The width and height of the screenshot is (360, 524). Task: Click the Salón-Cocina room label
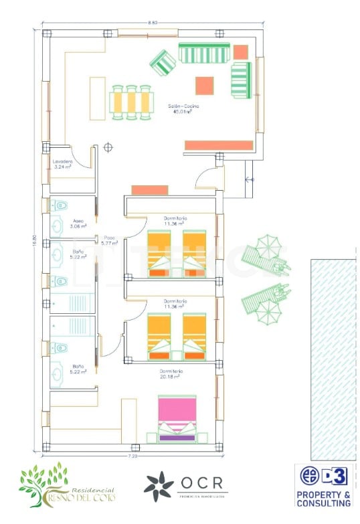tap(184, 106)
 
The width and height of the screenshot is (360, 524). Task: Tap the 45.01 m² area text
tap(183, 112)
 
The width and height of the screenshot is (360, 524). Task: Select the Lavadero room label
tap(62, 161)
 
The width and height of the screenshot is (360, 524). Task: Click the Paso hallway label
tap(109, 238)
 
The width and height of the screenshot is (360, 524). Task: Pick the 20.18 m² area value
tap(172, 377)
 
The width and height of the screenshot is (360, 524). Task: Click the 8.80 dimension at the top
tap(153, 23)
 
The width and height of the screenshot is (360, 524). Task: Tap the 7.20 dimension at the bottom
tap(133, 456)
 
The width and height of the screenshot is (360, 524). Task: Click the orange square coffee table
tap(204, 86)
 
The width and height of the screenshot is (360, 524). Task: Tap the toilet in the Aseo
tap(62, 205)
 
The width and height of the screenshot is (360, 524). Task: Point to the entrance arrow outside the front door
tap(250, 179)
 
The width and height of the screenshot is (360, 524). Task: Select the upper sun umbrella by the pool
tap(269, 246)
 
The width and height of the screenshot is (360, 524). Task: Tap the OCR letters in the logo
tap(199, 483)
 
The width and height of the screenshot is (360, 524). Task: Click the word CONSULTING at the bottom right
tap(324, 503)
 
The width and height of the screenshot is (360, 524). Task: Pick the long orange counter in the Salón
tap(219, 145)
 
